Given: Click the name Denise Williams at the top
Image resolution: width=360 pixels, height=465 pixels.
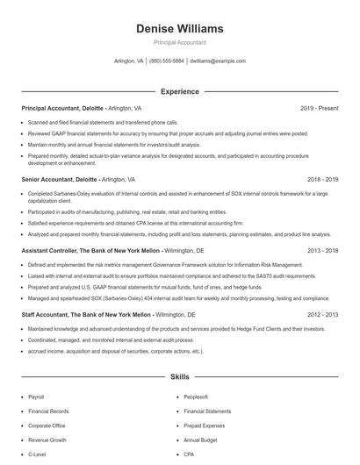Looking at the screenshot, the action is point(180,28).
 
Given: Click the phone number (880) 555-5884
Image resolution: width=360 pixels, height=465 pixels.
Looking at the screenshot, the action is point(167,61).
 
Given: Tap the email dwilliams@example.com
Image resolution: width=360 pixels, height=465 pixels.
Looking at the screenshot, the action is point(218,61).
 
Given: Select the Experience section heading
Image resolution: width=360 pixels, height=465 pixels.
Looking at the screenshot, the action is point(180,91).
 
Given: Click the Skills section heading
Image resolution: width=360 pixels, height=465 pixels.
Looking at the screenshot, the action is point(180,376).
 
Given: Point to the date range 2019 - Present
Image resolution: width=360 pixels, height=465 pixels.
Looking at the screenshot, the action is point(319,108).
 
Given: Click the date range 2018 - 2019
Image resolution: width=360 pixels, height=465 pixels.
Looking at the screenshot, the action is point(322,178).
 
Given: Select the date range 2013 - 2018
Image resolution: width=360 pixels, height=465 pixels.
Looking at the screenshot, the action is point(322,250).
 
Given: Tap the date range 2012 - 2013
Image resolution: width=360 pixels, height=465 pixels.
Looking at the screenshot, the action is point(322,313).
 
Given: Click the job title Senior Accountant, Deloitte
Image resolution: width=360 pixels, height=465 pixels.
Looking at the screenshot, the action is point(55,178).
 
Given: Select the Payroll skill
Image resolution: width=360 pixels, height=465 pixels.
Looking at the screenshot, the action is point(36,397).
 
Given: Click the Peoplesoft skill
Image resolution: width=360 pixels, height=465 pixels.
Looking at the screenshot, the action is point(196,397).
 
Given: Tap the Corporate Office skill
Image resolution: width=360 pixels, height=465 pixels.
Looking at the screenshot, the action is point(47,426).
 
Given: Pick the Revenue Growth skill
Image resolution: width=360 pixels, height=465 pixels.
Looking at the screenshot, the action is point(47,440).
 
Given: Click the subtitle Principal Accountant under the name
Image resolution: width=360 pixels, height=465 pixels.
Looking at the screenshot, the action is point(180,41).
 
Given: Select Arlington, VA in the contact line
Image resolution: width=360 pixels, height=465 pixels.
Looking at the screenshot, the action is point(129,61).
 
